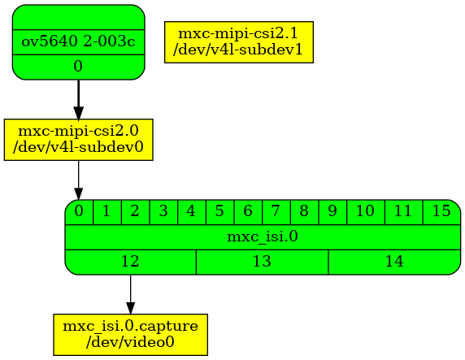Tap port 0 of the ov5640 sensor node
coord(78,67)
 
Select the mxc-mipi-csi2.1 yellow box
coord(238,42)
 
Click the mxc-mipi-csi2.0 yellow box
coord(78,140)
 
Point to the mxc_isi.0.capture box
coord(130,335)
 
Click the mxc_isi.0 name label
coord(263,236)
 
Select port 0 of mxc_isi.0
coord(79,211)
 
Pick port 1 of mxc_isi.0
coord(106,211)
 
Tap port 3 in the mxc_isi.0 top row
coord(163,211)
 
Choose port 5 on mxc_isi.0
coord(219,211)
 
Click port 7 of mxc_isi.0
coord(276,211)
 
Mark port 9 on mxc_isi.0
coord(332,211)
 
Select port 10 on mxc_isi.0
coord(365,211)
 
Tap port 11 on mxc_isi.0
coord(403,211)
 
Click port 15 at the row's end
coord(441,211)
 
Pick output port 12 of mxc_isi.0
coord(130,262)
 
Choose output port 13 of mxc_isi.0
coord(262,262)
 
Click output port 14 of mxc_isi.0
coord(394,262)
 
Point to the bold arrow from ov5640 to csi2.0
coord(78,100)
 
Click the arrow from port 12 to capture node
coord(130,294)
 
